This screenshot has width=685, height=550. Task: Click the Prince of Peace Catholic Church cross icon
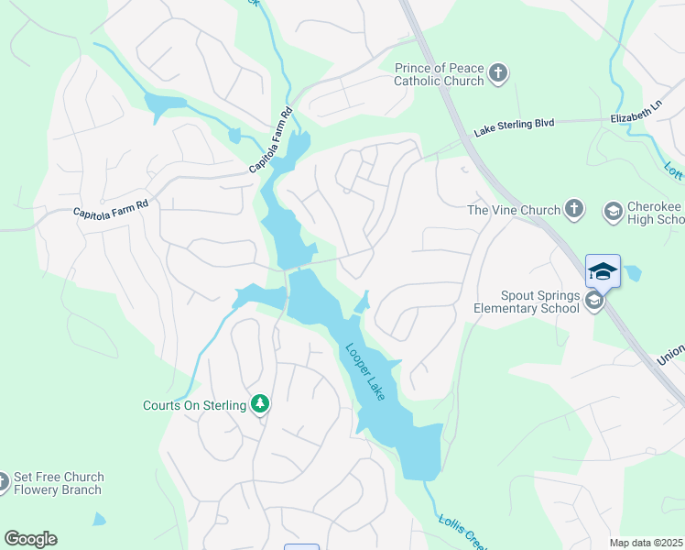point(498,74)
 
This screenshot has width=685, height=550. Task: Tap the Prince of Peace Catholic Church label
point(439,74)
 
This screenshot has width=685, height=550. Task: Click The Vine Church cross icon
point(574,210)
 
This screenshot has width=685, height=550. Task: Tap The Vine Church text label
point(513,210)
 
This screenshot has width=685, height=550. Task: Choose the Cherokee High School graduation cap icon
point(612,213)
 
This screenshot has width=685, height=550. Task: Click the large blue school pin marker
point(603,271)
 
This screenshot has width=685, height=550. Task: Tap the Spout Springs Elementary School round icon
point(594,302)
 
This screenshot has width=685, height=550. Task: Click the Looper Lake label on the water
point(364,371)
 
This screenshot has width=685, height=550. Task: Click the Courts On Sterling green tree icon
point(260,404)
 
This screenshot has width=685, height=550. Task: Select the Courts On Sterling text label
point(195,405)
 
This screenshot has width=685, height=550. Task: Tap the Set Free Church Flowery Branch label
point(59,483)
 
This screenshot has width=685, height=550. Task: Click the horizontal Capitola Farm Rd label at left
point(110,210)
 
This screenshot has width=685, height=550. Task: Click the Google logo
point(30,538)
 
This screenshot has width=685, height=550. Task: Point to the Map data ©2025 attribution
point(645,542)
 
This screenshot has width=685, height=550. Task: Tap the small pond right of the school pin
point(632,273)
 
